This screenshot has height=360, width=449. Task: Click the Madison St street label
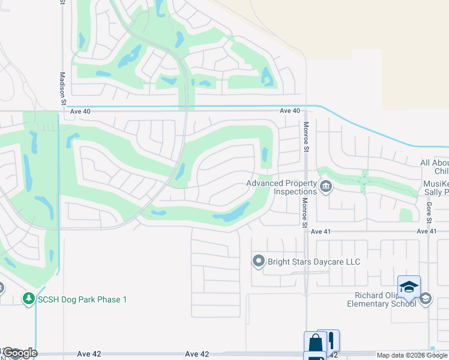(x=62, y=88)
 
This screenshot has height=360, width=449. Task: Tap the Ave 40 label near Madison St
(x=79, y=111)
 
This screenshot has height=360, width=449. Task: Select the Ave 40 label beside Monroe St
(x=289, y=111)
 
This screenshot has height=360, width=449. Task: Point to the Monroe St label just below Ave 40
(x=306, y=137)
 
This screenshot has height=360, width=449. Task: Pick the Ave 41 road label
(x=426, y=231)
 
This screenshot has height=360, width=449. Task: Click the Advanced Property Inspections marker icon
(x=326, y=187)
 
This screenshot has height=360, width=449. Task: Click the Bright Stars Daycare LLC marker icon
(x=259, y=261)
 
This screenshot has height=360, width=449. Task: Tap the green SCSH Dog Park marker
(x=28, y=298)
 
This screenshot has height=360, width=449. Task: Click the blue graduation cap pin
(x=409, y=287)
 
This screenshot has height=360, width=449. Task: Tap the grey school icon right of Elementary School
(x=426, y=298)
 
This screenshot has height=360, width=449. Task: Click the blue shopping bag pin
(x=315, y=343)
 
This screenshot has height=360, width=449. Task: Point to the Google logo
(x=20, y=353)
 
